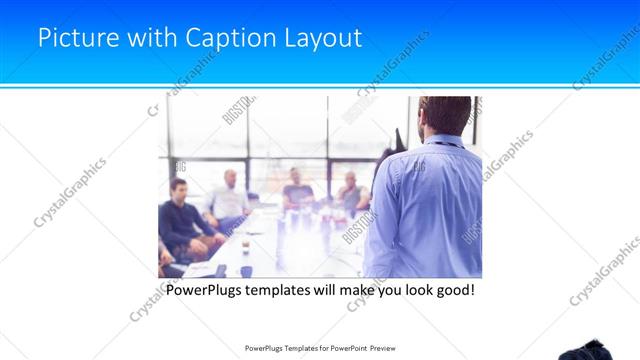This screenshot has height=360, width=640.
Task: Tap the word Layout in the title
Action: click(316, 39)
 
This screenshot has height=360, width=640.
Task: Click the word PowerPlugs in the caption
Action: click(203, 291)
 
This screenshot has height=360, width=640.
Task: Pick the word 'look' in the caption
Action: click(411, 291)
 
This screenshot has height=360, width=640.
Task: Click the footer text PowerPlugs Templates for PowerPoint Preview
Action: click(320, 348)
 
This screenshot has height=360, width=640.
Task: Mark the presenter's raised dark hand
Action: click(398, 137)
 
